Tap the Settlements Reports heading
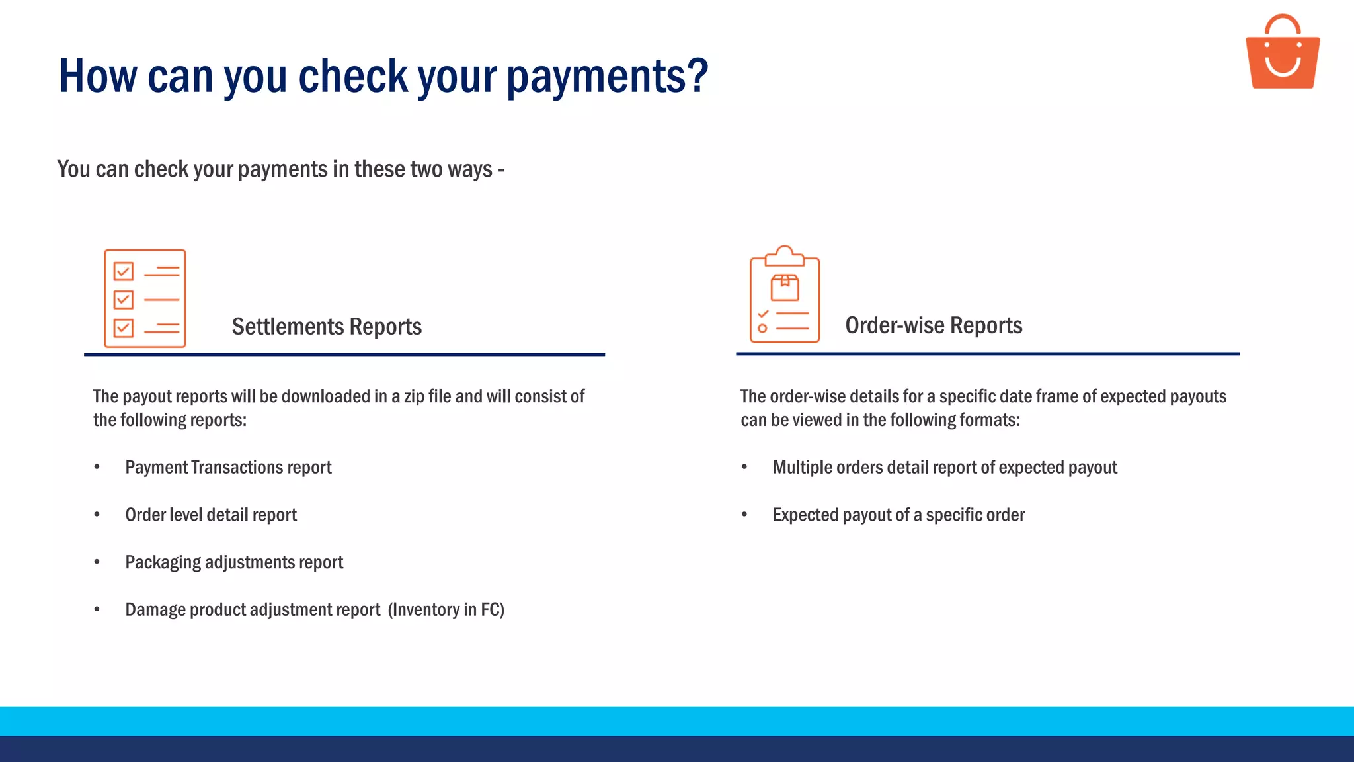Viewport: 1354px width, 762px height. click(327, 327)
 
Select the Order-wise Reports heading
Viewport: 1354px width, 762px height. click(934, 325)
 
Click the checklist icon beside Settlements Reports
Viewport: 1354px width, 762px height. click(145, 298)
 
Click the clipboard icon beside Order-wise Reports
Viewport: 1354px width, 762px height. click(785, 296)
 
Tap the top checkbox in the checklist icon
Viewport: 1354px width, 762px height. click(124, 271)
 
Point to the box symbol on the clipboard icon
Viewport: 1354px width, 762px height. click(785, 288)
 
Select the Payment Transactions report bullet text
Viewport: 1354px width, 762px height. click(228, 468)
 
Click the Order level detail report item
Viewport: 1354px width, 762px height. click(211, 515)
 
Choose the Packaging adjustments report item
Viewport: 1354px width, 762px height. click(234, 563)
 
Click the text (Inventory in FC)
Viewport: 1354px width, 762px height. click(446, 610)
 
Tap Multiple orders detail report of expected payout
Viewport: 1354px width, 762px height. click(945, 468)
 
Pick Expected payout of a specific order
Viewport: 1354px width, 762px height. click(898, 515)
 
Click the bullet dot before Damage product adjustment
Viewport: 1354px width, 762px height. click(97, 609)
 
